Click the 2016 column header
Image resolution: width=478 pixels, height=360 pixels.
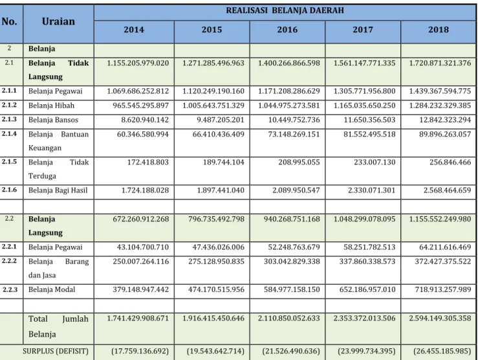coord(287,30)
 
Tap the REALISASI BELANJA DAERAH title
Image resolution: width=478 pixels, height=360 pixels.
coord(285,10)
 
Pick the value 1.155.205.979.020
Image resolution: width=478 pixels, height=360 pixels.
coord(138,63)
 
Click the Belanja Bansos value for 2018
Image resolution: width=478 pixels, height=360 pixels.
coord(445,120)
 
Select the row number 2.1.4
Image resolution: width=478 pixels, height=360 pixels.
coord(9,133)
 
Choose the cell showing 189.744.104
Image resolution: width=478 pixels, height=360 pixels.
coord(224,162)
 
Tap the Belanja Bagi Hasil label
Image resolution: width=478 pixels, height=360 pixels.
coord(58,190)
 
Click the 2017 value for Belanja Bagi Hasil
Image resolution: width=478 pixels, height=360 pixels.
coord(372,190)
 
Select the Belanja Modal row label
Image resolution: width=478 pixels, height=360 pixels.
coord(52,289)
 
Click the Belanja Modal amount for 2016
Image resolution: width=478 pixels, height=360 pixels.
coord(292,289)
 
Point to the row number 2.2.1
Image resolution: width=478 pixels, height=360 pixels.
coord(9,246)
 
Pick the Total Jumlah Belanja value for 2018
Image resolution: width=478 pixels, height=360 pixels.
coord(440,318)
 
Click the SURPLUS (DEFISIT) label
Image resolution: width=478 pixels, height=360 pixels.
coord(56,351)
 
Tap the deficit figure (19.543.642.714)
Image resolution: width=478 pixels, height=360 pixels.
coord(215,351)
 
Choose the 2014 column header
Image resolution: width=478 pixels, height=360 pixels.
coord(134,30)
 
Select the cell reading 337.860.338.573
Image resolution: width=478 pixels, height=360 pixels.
coord(367,262)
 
